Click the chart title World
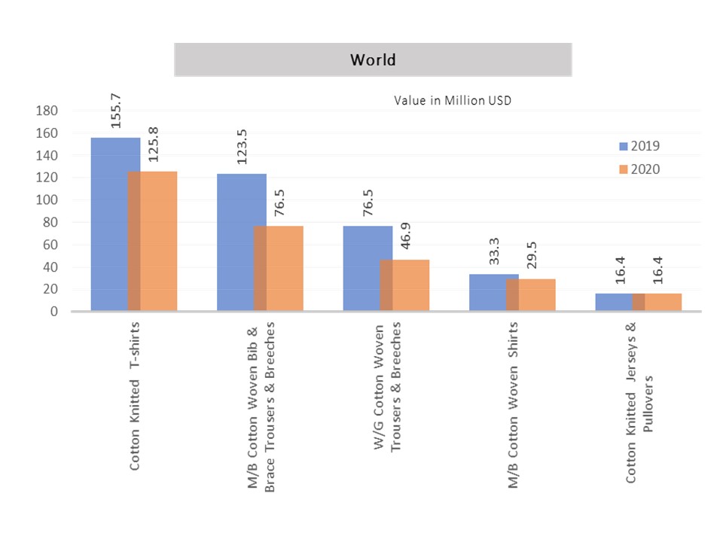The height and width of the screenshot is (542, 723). pos(373,59)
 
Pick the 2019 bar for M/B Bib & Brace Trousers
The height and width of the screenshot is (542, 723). pos(235,242)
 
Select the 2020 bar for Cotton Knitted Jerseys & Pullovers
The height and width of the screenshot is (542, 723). pos(663,302)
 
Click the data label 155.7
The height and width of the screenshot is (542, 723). pos(116,110)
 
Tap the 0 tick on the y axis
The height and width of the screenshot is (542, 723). pos(53,312)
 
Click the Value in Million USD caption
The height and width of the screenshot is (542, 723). pos(453,100)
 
